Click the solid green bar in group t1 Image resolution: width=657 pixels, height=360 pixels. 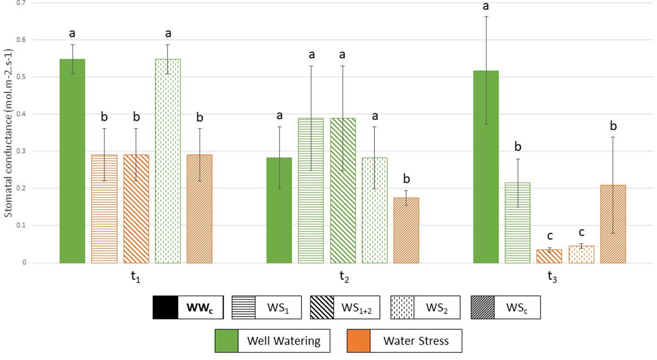(x=72, y=161)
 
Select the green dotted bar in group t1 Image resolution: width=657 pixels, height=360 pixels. (x=168, y=161)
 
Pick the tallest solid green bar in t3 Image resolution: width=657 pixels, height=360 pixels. (x=486, y=166)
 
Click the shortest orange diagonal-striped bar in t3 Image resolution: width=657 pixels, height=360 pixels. (x=550, y=256)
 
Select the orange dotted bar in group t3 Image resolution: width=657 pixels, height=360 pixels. (x=581, y=254)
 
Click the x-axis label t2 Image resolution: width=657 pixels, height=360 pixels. (x=343, y=277)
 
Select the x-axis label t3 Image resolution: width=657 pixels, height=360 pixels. (x=551, y=277)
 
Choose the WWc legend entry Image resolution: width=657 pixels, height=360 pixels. (x=188, y=308)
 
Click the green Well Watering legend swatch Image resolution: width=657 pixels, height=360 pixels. (x=227, y=341)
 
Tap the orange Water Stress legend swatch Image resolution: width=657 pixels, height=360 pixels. (x=358, y=341)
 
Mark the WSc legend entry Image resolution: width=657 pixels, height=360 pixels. (x=505, y=308)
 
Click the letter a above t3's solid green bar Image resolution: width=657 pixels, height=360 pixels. (x=486, y=7)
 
